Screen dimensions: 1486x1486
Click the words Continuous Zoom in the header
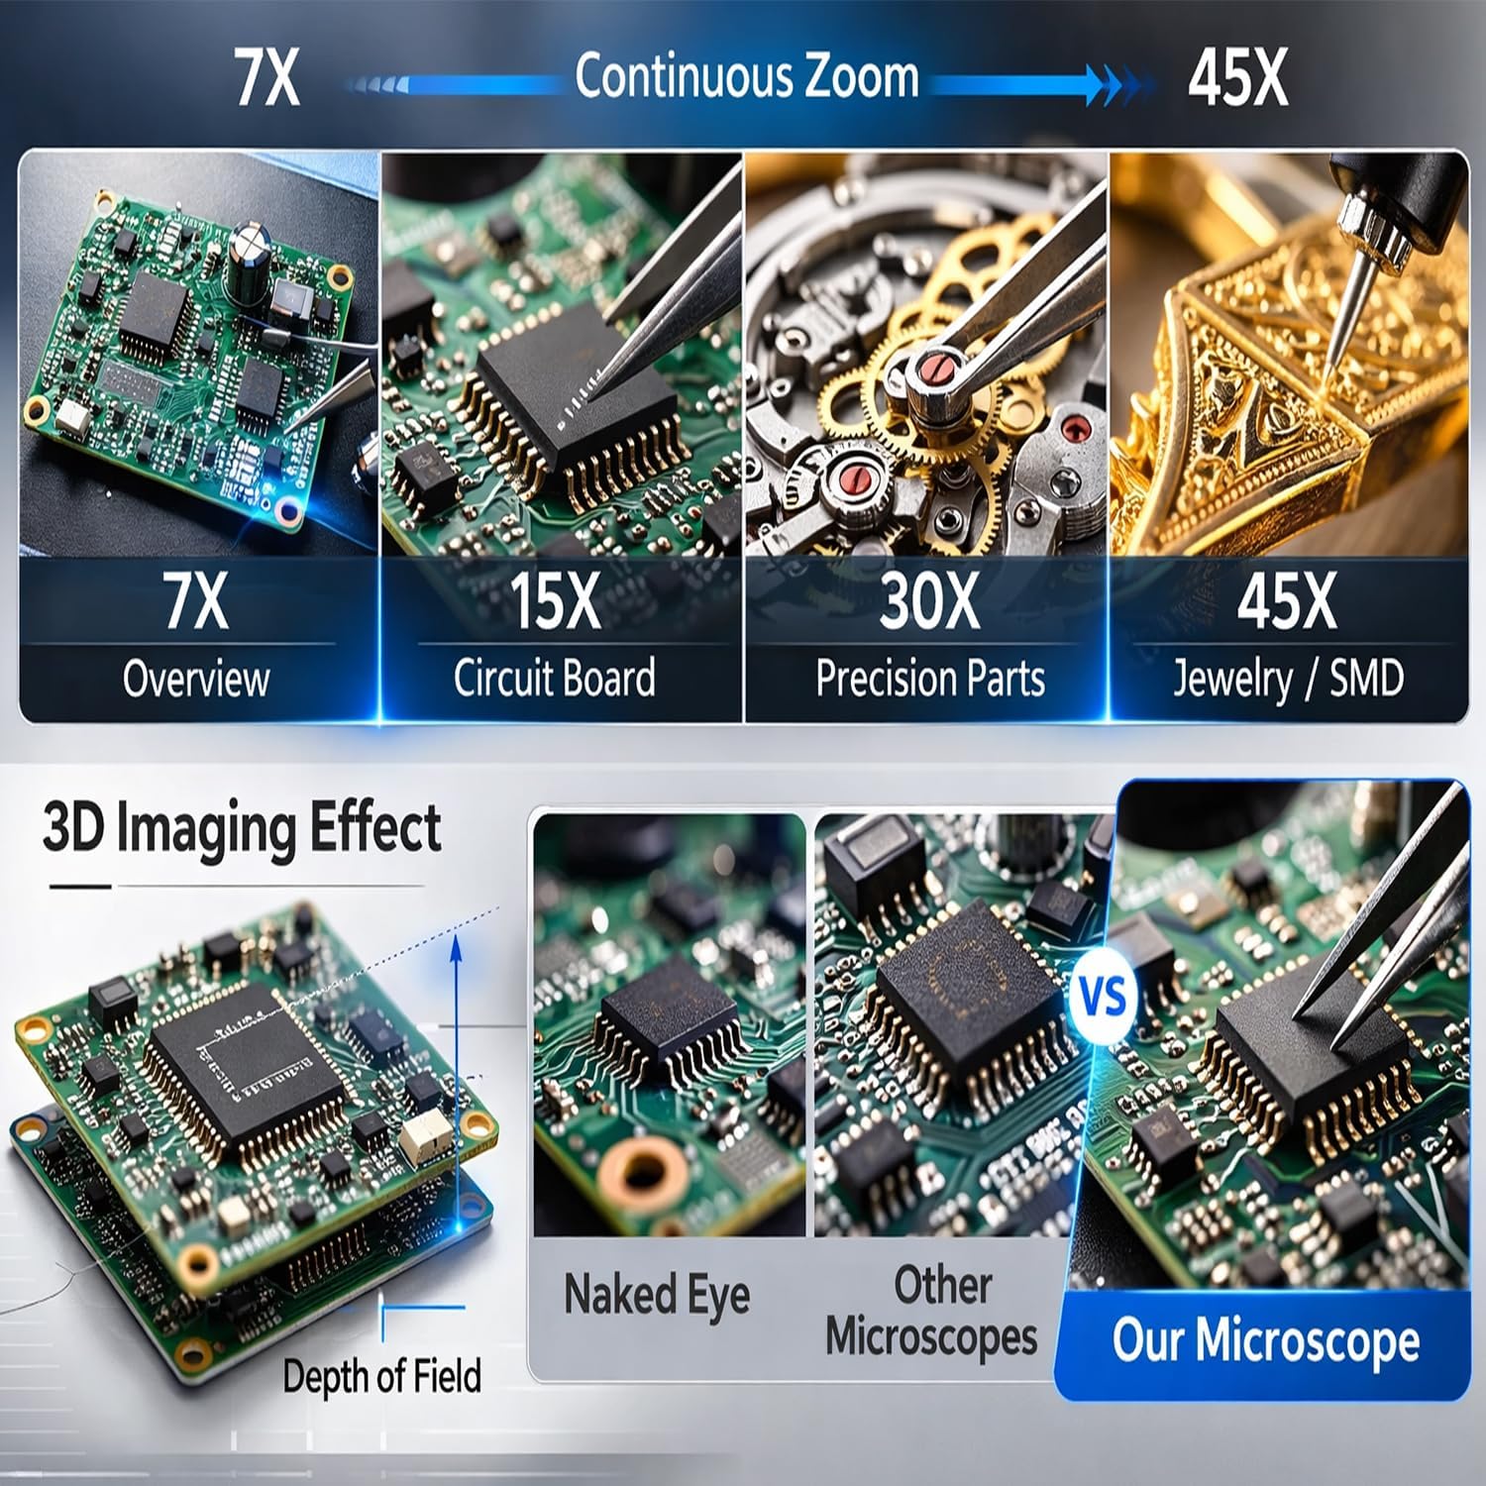click(x=747, y=77)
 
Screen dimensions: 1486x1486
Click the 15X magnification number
click(x=555, y=600)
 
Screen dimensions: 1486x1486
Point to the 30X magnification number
click(x=929, y=600)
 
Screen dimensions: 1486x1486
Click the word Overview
click(x=196, y=679)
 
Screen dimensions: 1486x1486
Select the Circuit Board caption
click(x=555, y=679)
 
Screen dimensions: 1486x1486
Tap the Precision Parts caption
click(x=930, y=679)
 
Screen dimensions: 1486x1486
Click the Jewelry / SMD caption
click(x=1288, y=680)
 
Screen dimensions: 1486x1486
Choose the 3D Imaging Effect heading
click(x=242, y=828)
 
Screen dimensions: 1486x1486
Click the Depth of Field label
click(x=381, y=1377)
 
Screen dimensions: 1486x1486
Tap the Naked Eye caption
click(x=657, y=1295)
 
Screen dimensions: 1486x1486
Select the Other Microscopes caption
click(x=931, y=1311)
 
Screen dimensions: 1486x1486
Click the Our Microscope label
click(x=1266, y=1341)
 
